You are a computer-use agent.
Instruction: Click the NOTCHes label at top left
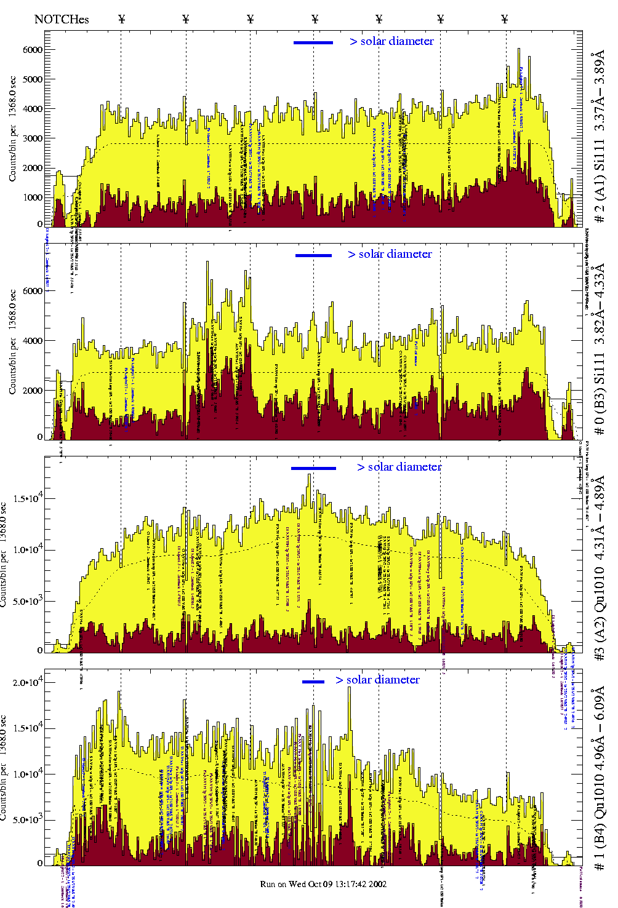coord(62,19)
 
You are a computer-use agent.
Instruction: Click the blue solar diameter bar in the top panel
coord(313,42)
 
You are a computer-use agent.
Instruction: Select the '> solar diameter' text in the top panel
coord(392,41)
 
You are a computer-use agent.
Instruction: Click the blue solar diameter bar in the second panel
coord(313,255)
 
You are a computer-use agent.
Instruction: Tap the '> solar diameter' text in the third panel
coord(399,467)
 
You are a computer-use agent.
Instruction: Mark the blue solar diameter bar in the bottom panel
coord(313,682)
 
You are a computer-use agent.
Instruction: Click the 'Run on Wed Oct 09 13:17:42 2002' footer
coord(323,884)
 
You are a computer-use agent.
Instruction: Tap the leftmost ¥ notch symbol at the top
coord(121,19)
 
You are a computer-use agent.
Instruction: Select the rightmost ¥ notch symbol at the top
coord(505,19)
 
